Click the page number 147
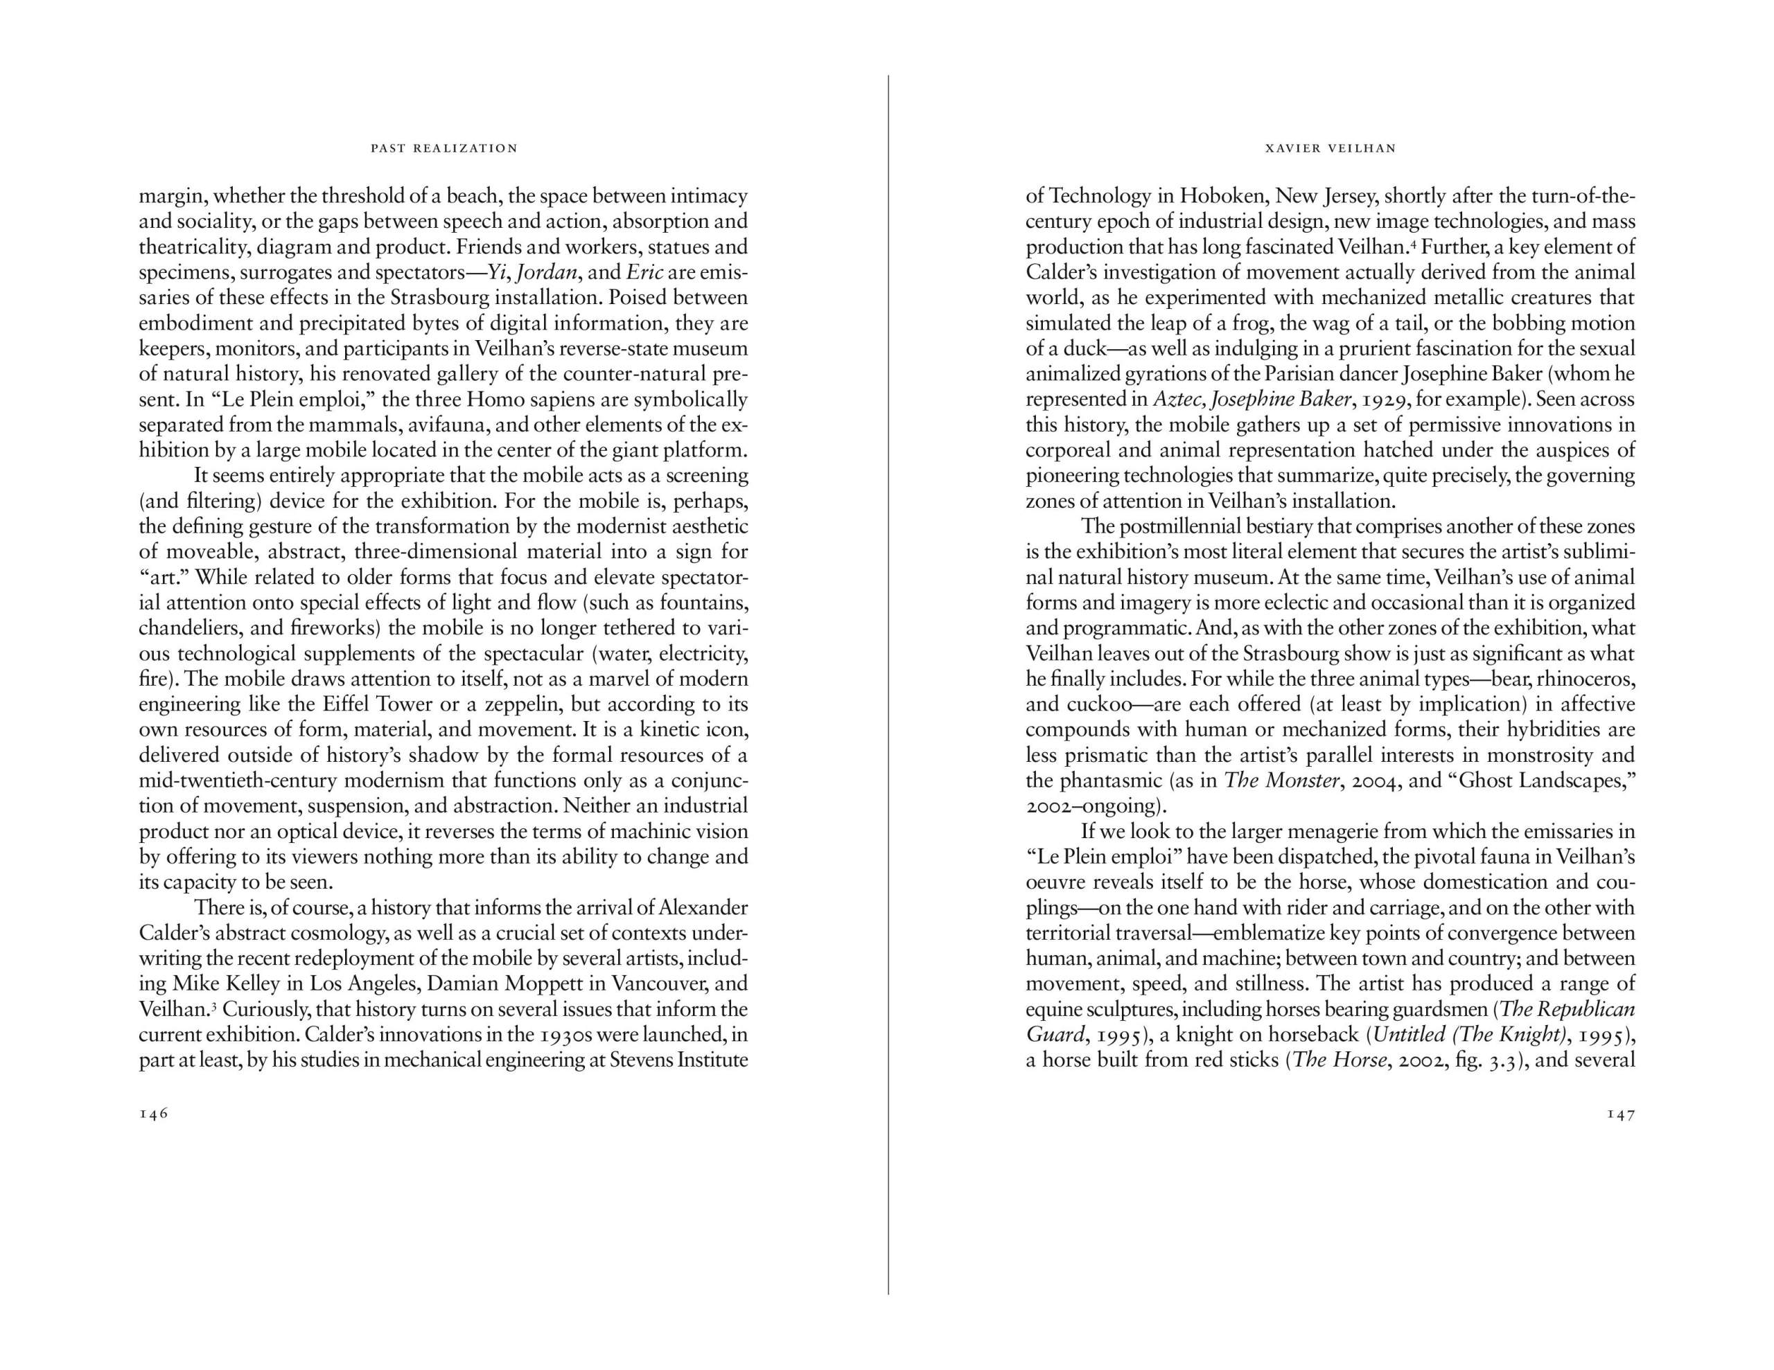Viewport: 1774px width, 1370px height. pyautogui.click(x=1620, y=1115)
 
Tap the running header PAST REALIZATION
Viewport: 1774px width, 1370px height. pyautogui.click(x=444, y=149)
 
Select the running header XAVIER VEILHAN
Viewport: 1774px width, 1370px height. pyautogui.click(x=1330, y=149)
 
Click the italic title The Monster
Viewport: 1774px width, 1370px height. pyautogui.click(x=1280, y=781)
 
